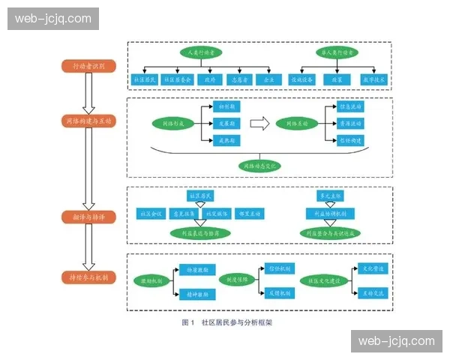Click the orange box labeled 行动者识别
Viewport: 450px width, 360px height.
coord(88,66)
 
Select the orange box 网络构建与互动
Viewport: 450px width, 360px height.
coord(88,120)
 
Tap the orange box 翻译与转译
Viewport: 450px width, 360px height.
coord(88,217)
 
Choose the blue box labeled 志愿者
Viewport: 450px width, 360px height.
coord(238,79)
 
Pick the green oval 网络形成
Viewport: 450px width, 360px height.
coord(174,123)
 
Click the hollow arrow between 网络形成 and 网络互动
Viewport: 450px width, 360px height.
coord(259,123)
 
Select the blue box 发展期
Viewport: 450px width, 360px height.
coord(226,123)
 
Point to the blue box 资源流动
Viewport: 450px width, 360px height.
coord(349,123)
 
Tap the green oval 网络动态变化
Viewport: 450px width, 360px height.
coord(259,164)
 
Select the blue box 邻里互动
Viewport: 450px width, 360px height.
coord(250,214)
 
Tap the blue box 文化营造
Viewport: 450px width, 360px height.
coord(373,268)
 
